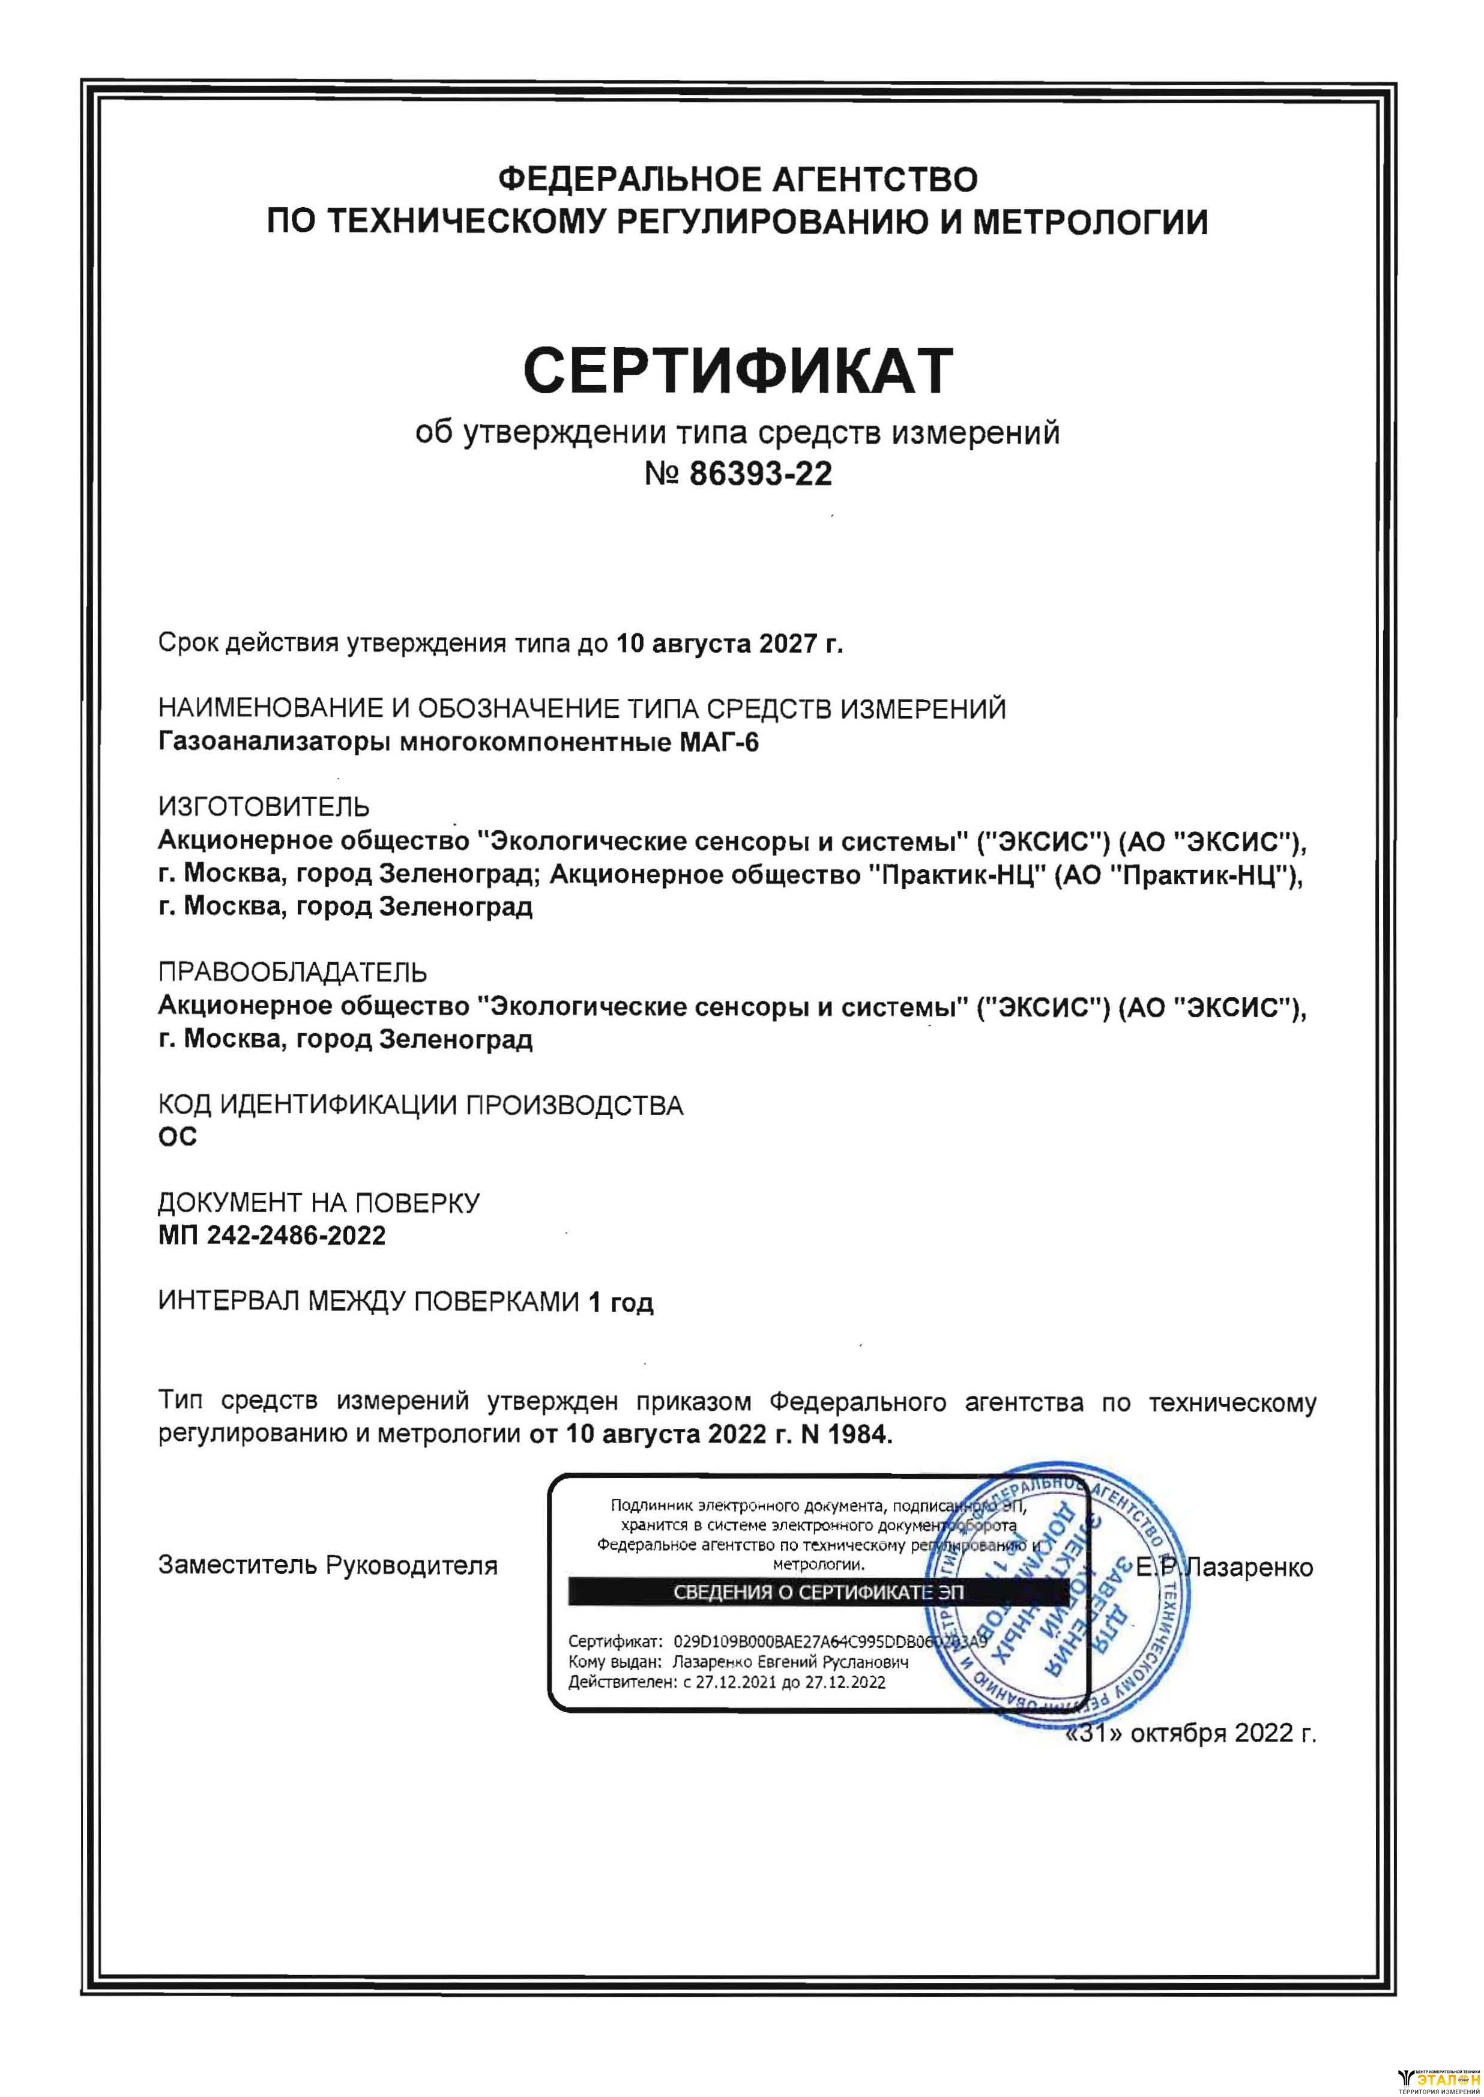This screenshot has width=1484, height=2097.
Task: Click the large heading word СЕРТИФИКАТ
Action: [x=738, y=370]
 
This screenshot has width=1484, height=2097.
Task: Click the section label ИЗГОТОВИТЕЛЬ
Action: [x=264, y=807]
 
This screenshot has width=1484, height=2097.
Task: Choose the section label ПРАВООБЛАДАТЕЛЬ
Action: [x=292, y=971]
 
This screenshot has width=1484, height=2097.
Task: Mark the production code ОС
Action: [x=177, y=1136]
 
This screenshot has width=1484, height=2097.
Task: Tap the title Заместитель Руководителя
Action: [x=328, y=1565]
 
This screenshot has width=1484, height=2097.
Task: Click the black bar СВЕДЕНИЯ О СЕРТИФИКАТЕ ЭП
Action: [x=817, y=1593]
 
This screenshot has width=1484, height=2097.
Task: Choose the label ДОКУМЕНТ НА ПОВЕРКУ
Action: [x=319, y=1202]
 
